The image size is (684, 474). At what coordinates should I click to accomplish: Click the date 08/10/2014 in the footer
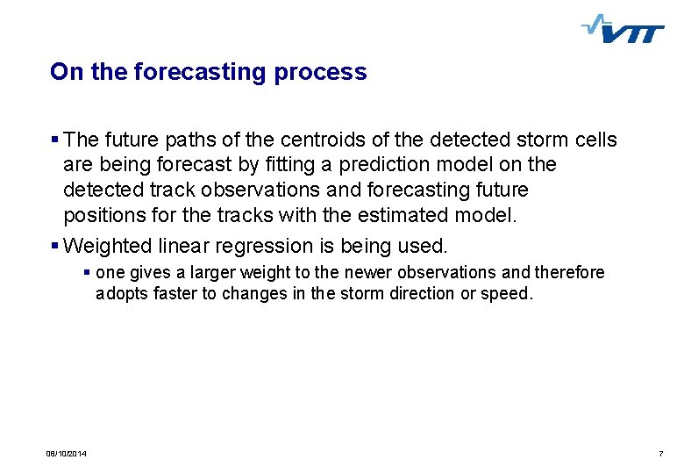pyautogui.click(x=72, y=453)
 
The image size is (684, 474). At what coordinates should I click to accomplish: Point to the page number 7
pyautogui.click(x=659, y=453)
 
